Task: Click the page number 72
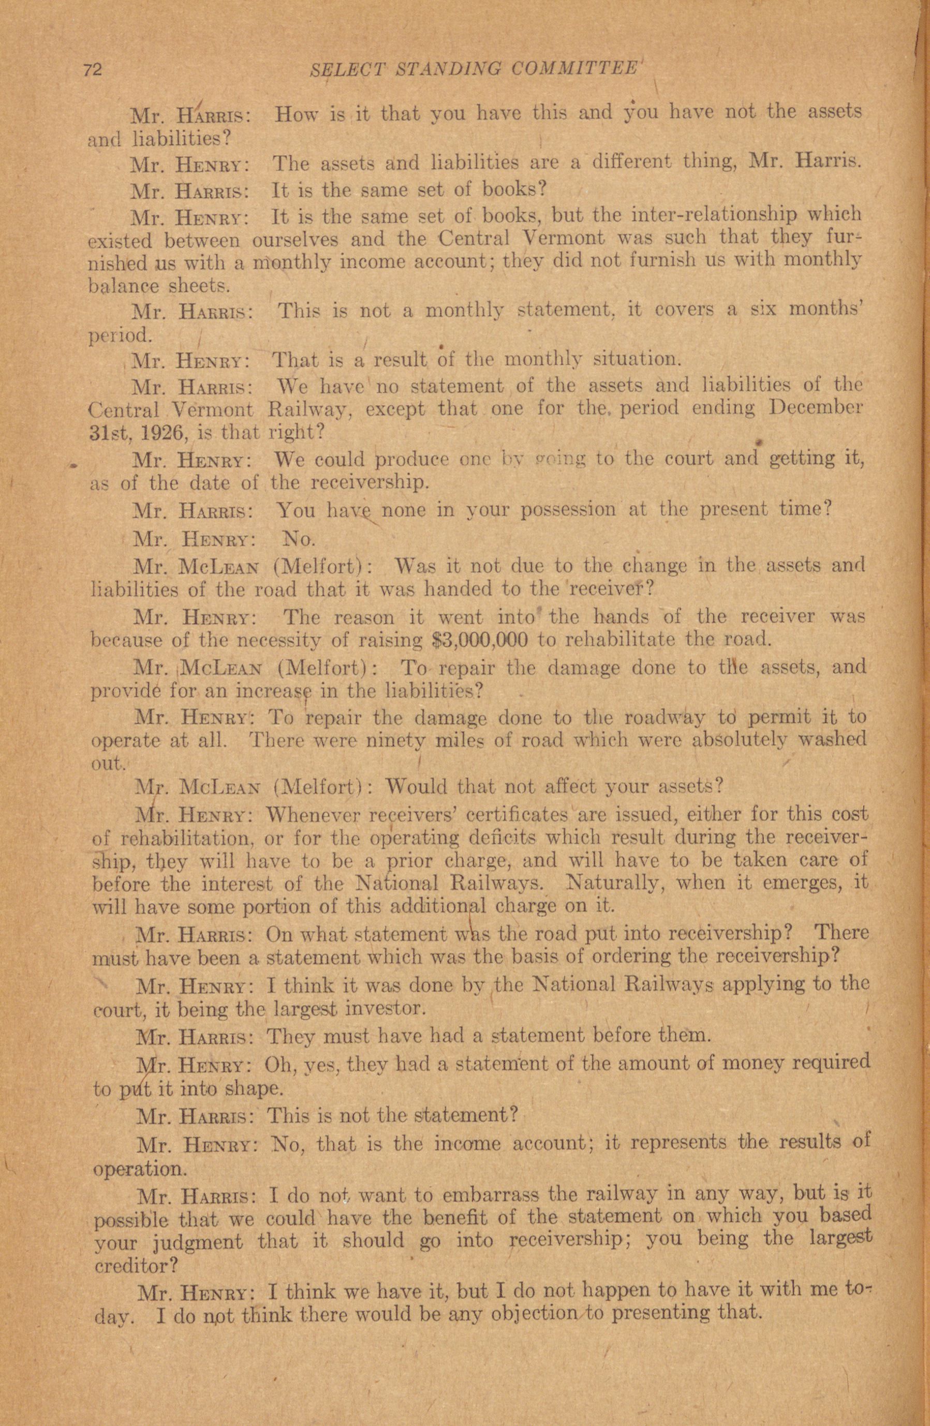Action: [94, 70]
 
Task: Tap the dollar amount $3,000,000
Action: [479, 640]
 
